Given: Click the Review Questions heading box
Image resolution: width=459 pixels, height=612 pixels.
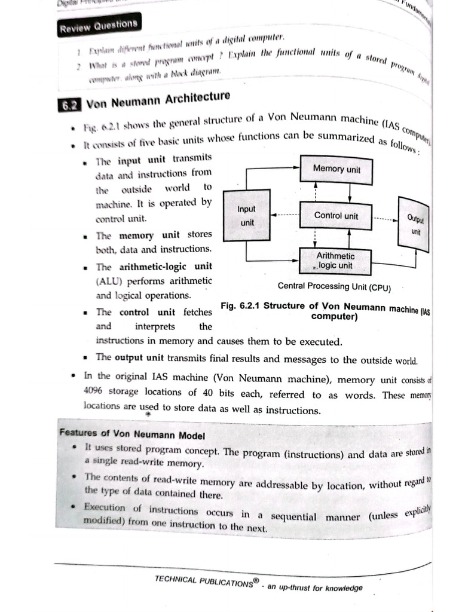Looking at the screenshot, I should (x=99, y=25).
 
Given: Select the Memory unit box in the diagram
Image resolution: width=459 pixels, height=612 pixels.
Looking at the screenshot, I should (x=336, y=169).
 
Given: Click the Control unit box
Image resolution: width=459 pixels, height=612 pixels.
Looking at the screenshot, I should (x=336, y=216).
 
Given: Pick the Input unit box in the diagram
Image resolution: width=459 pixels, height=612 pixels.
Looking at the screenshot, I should (x=246, y=216).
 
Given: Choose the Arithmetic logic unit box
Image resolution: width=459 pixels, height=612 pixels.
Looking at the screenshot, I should (x=335, y=261).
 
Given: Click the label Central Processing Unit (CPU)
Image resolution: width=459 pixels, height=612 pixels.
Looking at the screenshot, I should (x=334, y=287).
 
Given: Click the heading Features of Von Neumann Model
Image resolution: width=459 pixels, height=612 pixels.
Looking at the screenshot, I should (x=132, y=434).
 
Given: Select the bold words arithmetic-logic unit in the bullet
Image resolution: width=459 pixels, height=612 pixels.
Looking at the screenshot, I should (x=165, y=267).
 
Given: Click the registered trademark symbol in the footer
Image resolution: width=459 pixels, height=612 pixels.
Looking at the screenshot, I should (x=255, y=579).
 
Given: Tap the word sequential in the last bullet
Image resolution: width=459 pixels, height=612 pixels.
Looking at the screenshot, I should (x=293, y=516).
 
